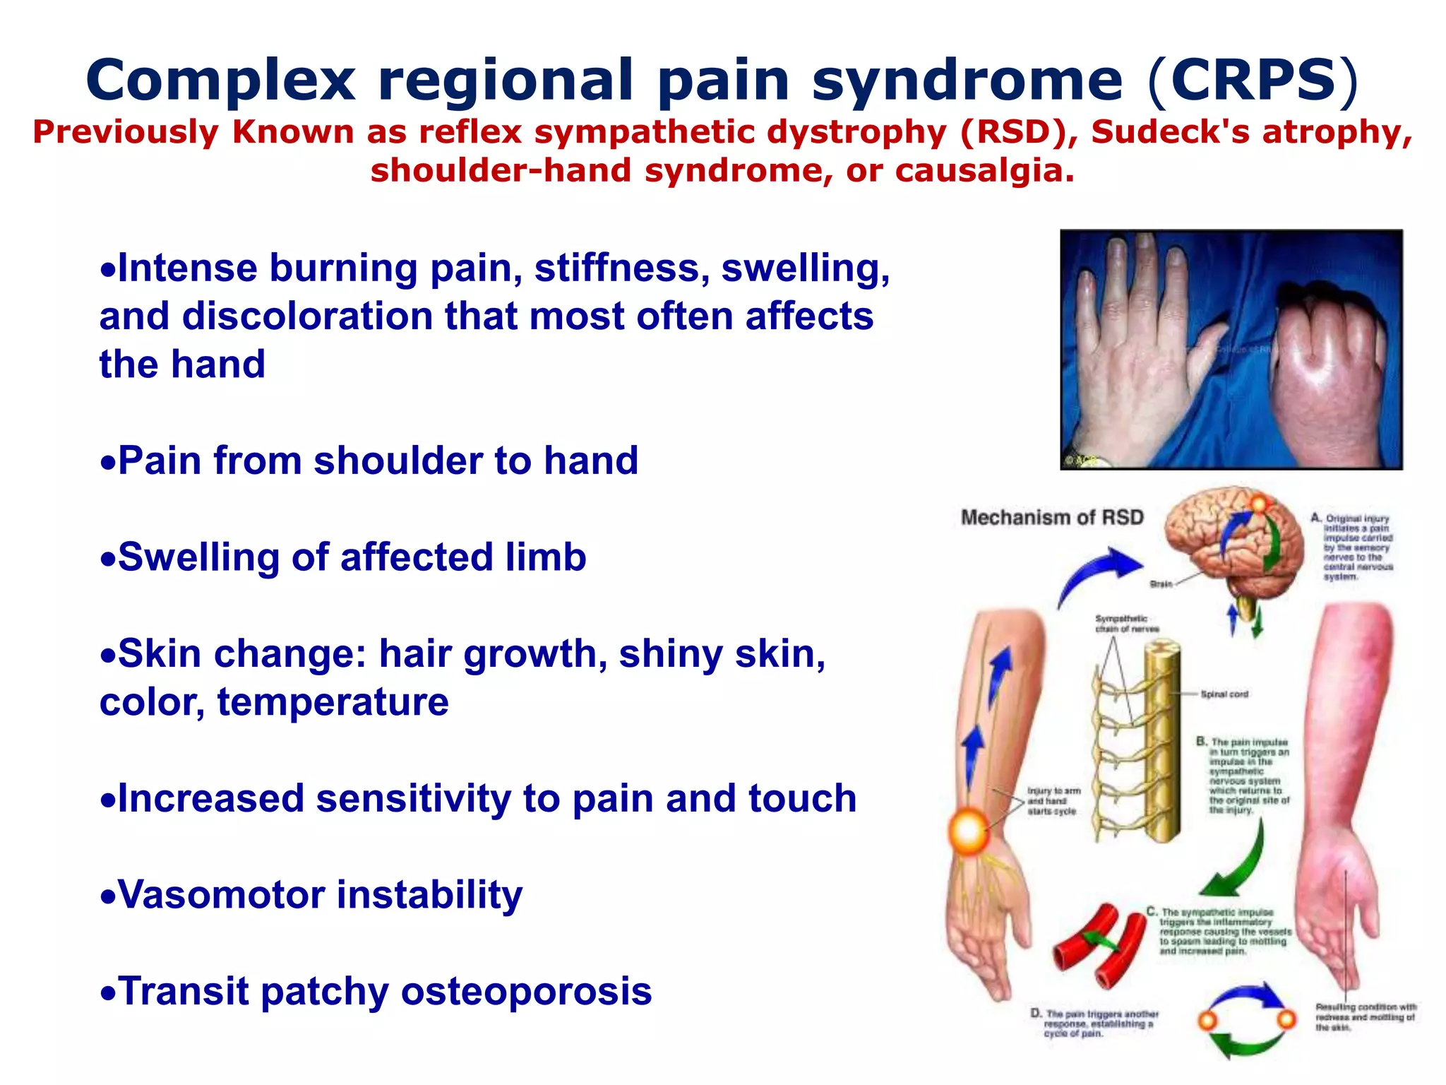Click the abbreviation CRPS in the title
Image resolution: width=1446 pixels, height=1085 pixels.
(x=1253, y=80)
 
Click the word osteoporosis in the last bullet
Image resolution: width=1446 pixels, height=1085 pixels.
(x=527, y=991)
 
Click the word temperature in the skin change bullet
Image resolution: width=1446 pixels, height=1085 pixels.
(x=333, y=702)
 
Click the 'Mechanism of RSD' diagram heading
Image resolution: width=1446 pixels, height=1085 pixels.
(x=1052, y=518)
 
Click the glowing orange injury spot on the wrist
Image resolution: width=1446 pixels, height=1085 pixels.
(x=968, y=831)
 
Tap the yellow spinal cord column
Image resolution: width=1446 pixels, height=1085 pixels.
(x=1161, y=742)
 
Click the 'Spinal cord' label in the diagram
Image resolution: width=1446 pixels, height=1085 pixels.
(x=1224, y=694)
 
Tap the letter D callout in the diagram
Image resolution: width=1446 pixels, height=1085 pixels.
(x=1036, y=1013)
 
